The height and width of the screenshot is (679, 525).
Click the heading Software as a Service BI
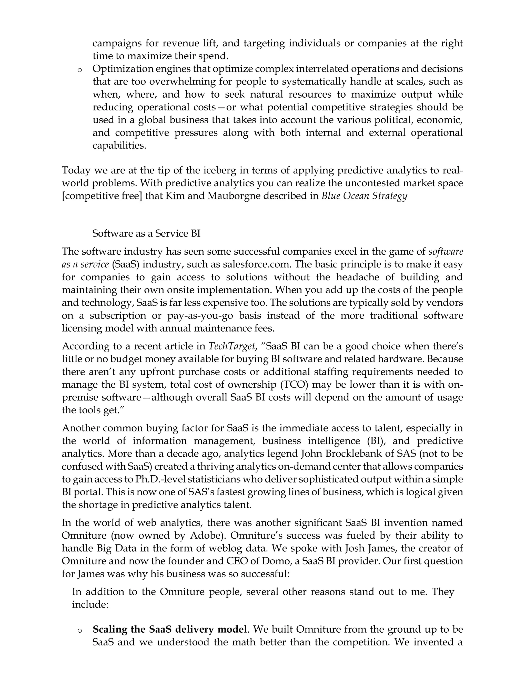(x=146, y=233)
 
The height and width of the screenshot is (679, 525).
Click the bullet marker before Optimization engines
(x=80, y=70)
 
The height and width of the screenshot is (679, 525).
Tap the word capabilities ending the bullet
(x=119, y=145)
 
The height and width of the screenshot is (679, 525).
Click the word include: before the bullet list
(x=90, y=604)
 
